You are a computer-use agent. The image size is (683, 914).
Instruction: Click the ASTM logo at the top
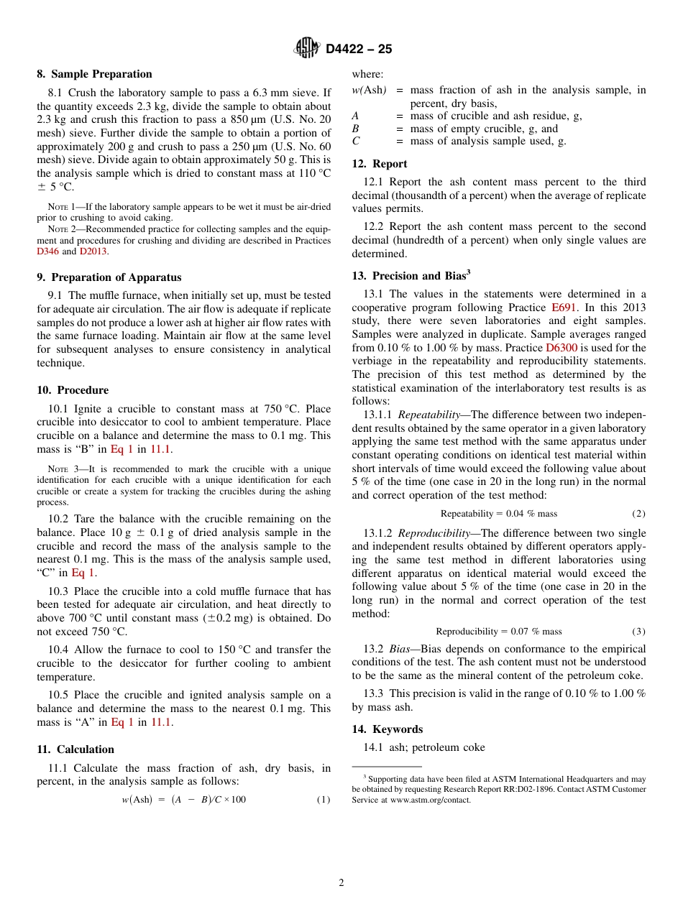coord(307,48)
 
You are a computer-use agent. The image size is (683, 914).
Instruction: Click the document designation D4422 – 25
coord(359,49)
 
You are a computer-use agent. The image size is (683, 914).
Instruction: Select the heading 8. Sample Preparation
coord(94,74)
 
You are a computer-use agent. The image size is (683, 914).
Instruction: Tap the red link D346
coord(47,251)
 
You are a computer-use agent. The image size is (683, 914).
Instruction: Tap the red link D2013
coord(93,251)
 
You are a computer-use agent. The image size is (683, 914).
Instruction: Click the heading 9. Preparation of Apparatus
coord(109,277)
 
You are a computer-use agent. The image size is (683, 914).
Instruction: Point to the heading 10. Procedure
coord(73,390)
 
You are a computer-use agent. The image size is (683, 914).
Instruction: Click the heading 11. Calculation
coord(75,749)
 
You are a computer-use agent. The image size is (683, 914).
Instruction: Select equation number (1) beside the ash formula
coord(324,800)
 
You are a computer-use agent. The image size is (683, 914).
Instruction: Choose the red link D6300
coord(561,347)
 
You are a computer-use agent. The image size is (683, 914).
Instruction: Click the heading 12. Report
coord(380,164)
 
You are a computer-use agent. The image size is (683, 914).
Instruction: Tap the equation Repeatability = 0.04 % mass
coord(498,514)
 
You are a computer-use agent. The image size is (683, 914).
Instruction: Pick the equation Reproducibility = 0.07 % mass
coord(498,632)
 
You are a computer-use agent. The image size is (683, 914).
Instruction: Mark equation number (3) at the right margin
coord(638,632)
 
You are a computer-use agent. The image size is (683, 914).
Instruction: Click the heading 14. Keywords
coord(387,729)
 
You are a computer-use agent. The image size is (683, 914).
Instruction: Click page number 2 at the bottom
coord(341,883)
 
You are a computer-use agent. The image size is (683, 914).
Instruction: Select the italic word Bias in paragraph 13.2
coord(400,649)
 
